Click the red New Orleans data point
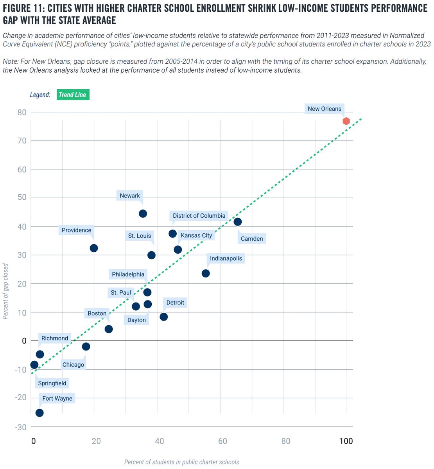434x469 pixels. click(x=346, y=121)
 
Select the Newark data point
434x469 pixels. click(x=143, y=213)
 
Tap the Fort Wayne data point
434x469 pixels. click(x=39, y=413)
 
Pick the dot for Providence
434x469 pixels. click(x=94, y=248)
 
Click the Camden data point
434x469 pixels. click(x=237, y=222)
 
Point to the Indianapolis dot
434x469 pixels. click(x=206, y=273)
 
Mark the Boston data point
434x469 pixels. click(x=109, y=329)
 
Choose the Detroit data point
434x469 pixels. click(x=164, y=317)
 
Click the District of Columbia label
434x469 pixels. click(x=199, y=216)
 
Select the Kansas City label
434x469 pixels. click(x=196, y=235)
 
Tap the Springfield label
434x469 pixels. click(x=52, y=383)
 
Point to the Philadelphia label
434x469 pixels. click(x=128, y=274)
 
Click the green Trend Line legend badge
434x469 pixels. click(x=73, y=95)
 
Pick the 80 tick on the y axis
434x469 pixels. click(x=22, y=112)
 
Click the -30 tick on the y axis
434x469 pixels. click(x=21, y=427)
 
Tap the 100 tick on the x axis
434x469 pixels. click(x=346, y=441)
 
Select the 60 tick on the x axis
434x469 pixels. click(x=222, y=441)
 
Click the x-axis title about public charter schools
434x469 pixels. click(x=181, y=462)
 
